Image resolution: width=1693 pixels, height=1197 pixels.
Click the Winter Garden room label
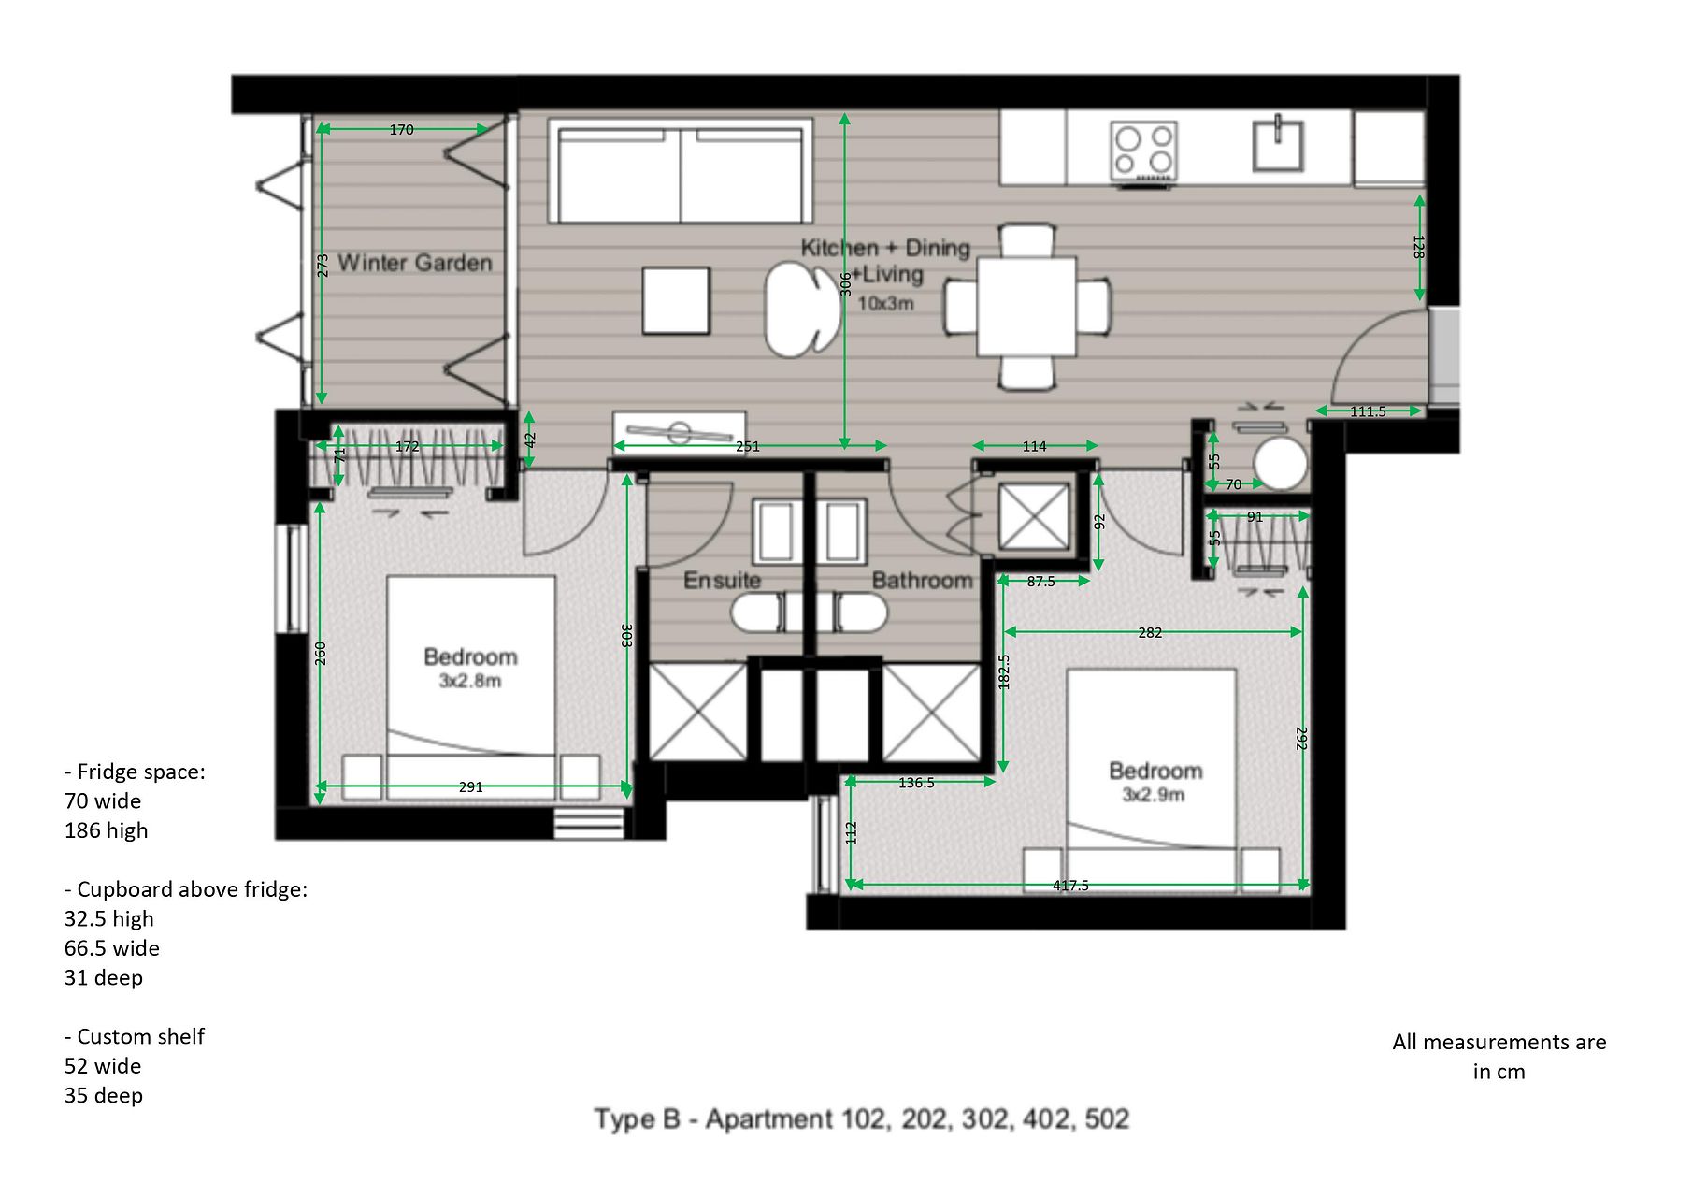tap(415, 263)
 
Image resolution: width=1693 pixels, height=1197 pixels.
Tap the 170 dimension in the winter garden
tap(401, 130)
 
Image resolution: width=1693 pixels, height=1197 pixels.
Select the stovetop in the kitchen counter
tap(1143, 151)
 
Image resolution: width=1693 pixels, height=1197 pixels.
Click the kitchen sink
tap(1278, 144)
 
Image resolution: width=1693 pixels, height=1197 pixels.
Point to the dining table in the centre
tap(1026, 306)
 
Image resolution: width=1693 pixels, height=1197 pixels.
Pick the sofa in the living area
tap(680, 171)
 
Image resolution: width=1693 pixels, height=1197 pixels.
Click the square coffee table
tap(676, 300)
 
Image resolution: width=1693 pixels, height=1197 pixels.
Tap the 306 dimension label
tap(845, 284)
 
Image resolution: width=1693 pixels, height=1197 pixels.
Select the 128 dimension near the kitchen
tap(1419, 247)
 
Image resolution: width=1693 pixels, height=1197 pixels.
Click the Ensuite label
tap(722, 581)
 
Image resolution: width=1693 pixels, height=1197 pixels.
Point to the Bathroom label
tap(922, 581)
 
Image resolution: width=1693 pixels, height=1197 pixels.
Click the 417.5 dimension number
tap(1070, 886)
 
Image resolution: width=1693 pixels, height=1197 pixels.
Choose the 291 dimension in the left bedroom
tap(471, 787)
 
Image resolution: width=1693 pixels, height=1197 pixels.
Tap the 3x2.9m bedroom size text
tap(1154, 796)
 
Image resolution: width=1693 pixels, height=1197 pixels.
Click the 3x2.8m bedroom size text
tap(470, 682)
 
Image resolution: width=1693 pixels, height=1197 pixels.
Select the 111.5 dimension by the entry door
tap(1368, 411)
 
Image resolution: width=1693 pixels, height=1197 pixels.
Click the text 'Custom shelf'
tap(140, 1037)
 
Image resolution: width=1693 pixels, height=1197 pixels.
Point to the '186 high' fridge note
tap(106, 831)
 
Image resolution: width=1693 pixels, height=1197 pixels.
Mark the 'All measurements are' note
tap(1499, 1043)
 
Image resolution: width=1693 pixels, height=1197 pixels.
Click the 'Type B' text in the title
tap(638, 1119)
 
